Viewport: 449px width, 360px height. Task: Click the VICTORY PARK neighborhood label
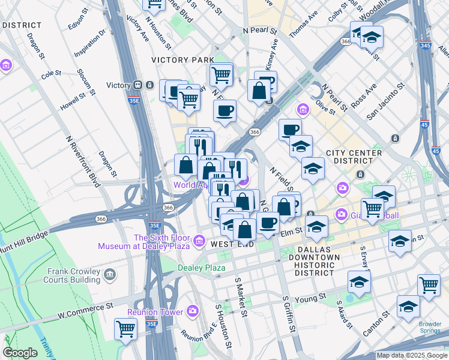[182, 60]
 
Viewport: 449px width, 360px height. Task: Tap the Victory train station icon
[137, 85]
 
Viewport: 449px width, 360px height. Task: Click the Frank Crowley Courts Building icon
[109, 275]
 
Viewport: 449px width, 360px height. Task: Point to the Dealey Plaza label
[201, 267]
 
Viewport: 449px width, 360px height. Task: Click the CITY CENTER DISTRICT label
[354, 157]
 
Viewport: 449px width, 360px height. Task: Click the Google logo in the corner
[20, 353]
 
